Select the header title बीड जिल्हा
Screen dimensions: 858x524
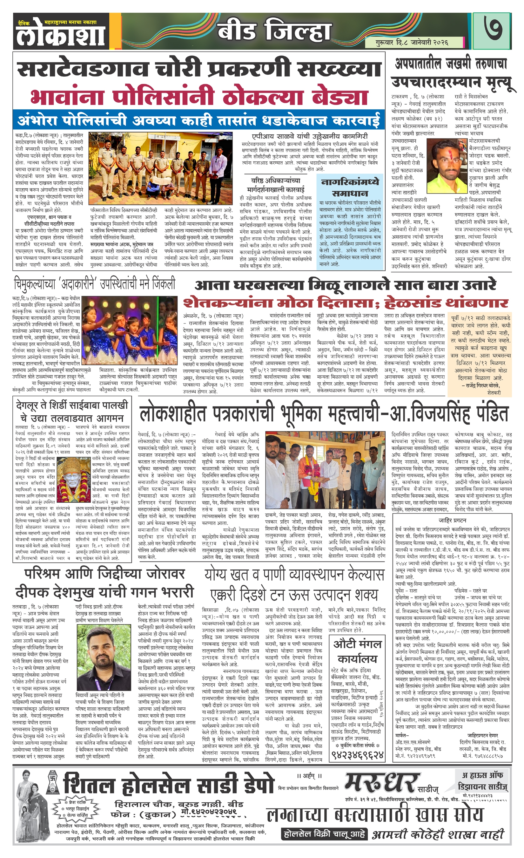274,31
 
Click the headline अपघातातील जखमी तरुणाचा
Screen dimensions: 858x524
451,64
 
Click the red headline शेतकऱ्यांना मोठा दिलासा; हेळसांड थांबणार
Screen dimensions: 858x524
346,302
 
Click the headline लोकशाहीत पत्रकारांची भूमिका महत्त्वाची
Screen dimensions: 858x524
324,414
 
